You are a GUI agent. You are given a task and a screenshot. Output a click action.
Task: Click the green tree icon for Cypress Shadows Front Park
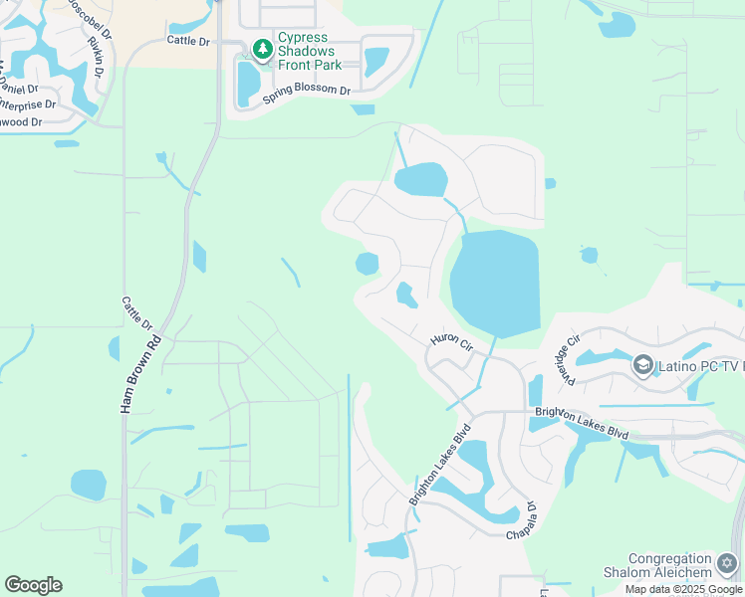coord(262,49)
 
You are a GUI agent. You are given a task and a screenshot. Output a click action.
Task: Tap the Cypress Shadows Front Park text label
coord(310,51)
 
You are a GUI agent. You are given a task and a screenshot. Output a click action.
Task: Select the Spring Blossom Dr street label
coord(307,94)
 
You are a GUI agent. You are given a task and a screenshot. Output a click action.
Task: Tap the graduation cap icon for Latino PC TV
coord(642,366)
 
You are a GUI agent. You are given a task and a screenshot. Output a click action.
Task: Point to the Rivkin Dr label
coord(97,56)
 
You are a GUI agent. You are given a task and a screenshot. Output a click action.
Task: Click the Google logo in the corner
coord(33,585)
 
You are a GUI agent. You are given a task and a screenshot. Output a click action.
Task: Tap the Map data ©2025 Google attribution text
coord(684,589)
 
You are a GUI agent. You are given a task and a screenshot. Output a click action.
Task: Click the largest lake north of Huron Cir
coord(494,283)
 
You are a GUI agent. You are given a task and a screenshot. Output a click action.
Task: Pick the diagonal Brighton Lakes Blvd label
coord(439,468)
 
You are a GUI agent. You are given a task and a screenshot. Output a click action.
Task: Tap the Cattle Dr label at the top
coord(188,41)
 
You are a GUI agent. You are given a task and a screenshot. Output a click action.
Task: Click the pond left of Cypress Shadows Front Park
coord(247,83)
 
